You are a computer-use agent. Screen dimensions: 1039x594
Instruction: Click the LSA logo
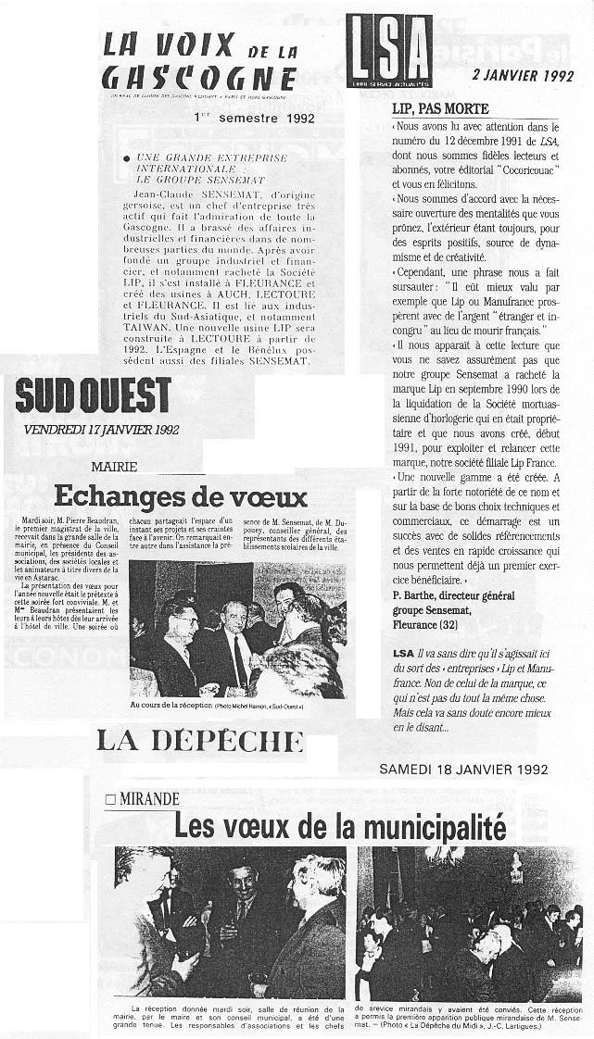(x=390, y=51)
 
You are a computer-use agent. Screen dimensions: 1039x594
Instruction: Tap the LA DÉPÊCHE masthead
(x=200, y=739)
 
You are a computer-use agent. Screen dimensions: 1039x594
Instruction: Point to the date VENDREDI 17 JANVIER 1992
(x=101, y=429)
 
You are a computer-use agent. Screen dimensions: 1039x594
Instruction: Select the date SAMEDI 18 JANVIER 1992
(x=463, y=770)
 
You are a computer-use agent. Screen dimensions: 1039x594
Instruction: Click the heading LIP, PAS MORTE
(x=440, y=108)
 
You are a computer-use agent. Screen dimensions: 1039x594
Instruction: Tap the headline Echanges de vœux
(x=180, y=496)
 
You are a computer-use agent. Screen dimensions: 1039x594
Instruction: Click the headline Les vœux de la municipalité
(x=340, y=824)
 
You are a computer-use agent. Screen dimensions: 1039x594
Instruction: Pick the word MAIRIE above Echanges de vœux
(x=114, y=468)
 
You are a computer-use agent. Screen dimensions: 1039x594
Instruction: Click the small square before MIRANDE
(x=110, y=798)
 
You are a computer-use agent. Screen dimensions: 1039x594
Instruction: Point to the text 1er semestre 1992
(x=254, y=118)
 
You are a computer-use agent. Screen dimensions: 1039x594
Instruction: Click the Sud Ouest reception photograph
(x=237, y=630)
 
